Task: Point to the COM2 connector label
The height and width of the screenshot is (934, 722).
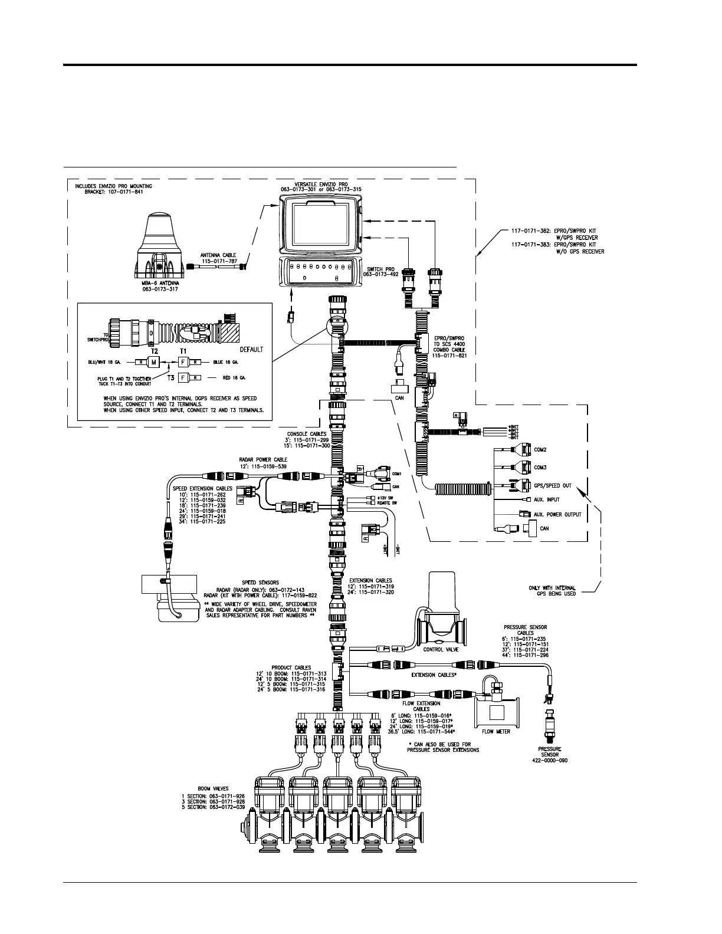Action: click(540, 450)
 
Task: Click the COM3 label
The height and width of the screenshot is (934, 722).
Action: click(540, 468)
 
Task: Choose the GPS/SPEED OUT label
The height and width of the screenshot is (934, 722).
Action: click(552, 486)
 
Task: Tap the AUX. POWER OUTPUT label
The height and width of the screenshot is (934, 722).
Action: click(557, 514)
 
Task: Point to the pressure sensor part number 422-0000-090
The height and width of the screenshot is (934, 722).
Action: click(549, 761)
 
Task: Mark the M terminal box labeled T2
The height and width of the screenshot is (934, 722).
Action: click(154, 362)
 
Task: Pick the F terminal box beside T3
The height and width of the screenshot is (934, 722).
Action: click(183, 377)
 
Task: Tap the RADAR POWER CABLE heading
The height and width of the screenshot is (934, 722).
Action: click(263, 459)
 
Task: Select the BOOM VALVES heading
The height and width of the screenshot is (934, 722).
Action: click(214, 788)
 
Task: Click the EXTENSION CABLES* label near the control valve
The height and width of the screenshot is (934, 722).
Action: click(434, 675)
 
